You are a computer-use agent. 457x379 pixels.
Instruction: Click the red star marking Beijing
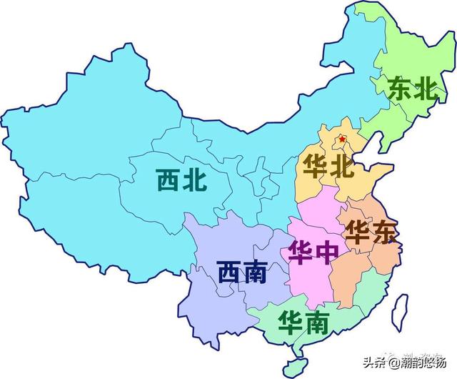tap(343, 139)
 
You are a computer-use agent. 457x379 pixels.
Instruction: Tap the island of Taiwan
tap(401, 308)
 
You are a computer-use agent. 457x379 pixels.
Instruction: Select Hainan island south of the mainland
tap(292, 365)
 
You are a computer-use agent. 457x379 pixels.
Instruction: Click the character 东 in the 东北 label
tap(400, 89)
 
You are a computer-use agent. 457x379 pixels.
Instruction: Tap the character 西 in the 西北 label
tap(169, 179)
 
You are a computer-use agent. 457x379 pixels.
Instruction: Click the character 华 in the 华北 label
tap(315, 167)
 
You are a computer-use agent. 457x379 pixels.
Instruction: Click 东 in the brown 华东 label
tap(383, 234)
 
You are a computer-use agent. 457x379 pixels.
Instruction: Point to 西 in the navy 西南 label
tap(229, 273)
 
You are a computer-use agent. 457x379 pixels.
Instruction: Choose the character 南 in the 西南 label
tap(255, 273)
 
